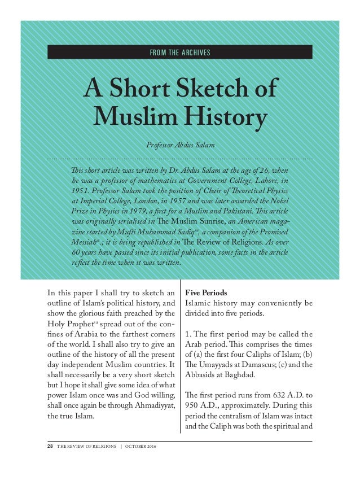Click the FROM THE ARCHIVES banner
(x=180, y=53)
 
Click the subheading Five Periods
(x=205, y=293)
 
